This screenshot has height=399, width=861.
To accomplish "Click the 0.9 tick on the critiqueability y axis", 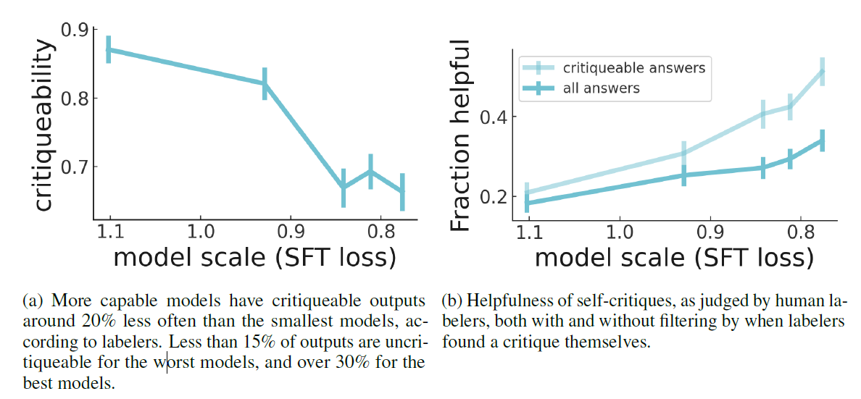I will [x=76, y=30].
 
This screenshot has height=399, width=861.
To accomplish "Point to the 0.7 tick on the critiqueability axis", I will [x=76, y=167].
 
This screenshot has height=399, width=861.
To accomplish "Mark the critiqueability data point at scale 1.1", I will [x=109, y=49].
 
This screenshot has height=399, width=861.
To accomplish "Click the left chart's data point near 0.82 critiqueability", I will [x=265, y=83].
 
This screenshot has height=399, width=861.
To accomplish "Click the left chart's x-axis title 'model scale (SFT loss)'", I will [x=254, y=257].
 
